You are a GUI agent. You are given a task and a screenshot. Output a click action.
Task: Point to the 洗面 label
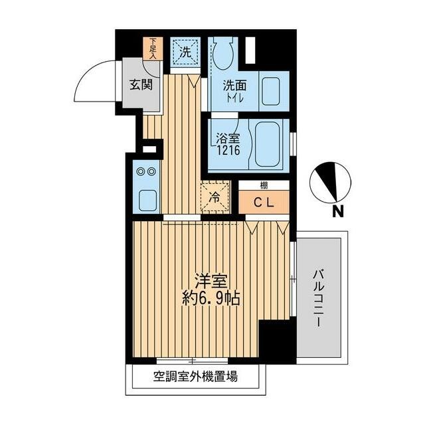click(234, 86)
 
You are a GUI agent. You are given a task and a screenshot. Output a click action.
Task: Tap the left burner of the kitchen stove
click(140, 172)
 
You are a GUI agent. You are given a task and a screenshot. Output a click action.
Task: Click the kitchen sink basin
click(145, 198)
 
